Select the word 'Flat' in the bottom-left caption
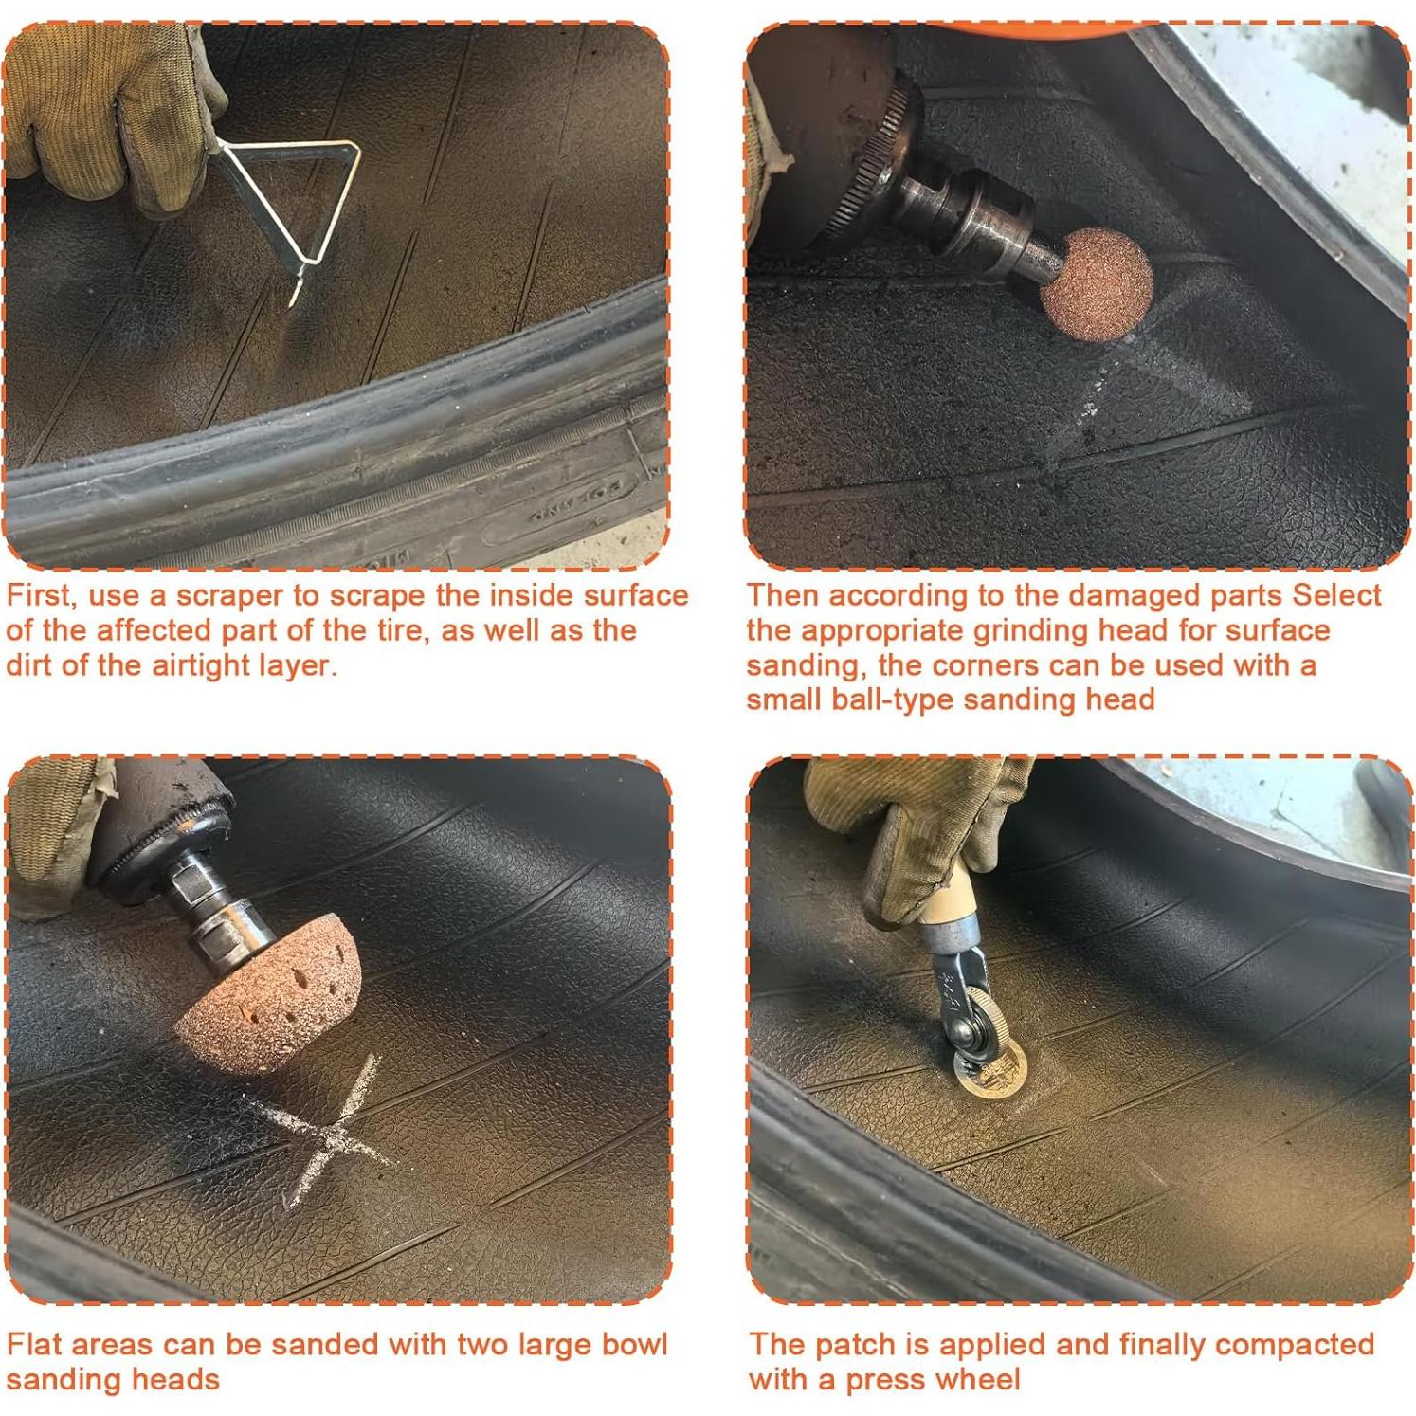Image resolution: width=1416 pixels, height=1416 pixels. pyautogui.click(x=34, y=1345)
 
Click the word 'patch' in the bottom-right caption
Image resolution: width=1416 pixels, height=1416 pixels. pyautogui.click(x=855, y=1345)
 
